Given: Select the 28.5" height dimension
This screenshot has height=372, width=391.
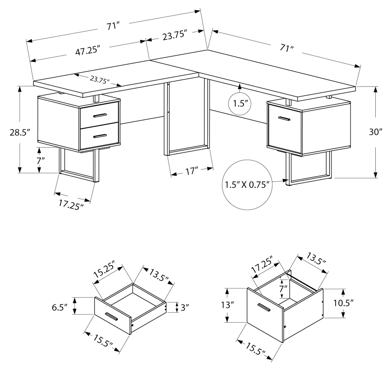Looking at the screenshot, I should (20, 133).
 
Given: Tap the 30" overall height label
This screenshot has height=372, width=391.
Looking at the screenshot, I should (375, 132).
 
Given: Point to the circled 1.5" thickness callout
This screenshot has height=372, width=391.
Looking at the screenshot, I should (239, 104).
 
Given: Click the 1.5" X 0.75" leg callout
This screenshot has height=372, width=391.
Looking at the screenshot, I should (247, 184).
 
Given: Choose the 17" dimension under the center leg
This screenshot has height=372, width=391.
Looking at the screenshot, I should (192, 171).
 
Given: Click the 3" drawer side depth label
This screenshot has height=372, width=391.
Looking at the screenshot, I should (184, 308).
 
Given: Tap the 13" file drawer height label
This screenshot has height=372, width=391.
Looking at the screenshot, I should (226, 305).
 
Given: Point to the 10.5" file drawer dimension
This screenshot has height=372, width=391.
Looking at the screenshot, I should (343, 303).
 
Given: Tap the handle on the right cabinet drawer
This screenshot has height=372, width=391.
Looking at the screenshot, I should (284, 119).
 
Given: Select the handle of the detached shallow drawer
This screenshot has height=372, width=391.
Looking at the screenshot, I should (111, 316).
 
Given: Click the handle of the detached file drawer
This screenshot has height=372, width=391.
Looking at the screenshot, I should (264, 308).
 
